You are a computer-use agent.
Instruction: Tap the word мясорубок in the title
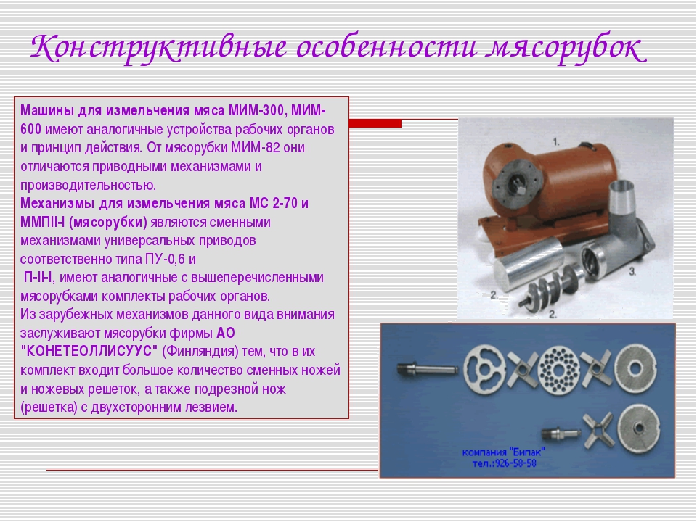[x=566, y=48]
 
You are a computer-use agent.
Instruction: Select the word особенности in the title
[x=386, y=46]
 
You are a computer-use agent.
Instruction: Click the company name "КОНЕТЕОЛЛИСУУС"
[x=89, y=351]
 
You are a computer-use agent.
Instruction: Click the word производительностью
[x=88, y=185]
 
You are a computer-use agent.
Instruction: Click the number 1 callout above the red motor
[x=556, y=142]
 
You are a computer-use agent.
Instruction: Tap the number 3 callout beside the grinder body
[x=632, y=271]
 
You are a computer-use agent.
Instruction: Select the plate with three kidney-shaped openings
[x=484, y=369]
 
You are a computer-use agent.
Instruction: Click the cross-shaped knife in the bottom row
[x=599, y=430]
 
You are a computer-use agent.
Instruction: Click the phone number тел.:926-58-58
[x=504, y=464]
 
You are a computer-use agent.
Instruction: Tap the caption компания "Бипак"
[x=504, y=452]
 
